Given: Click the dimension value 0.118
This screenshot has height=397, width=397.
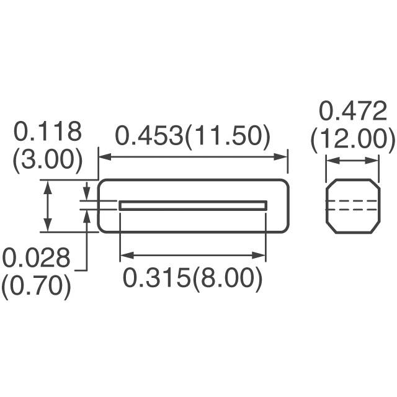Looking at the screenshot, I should pyautogui.click(x=48, y=132).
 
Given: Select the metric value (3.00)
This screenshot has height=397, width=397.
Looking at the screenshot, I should pyautogui.click(x=48, y=159).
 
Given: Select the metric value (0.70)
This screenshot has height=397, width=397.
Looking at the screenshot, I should pyautogui.click(x=35, y=286).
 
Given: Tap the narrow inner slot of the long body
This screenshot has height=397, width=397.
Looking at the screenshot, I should pyautogui.click(x=192, y=205).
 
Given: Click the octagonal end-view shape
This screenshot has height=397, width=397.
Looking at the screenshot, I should pyautogui.click(x=352, y=206).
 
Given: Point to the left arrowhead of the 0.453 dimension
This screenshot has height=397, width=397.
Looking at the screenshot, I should pyautogui.click(x=104, y=157).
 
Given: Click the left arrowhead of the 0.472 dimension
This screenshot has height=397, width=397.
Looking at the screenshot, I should pyautogui.click(x=331, y=160).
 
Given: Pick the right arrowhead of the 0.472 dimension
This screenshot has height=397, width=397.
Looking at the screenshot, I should pyautogui.click(x=374, y=160).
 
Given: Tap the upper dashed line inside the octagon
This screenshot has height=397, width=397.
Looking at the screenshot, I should pyautogui.click(x=352, y=201).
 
